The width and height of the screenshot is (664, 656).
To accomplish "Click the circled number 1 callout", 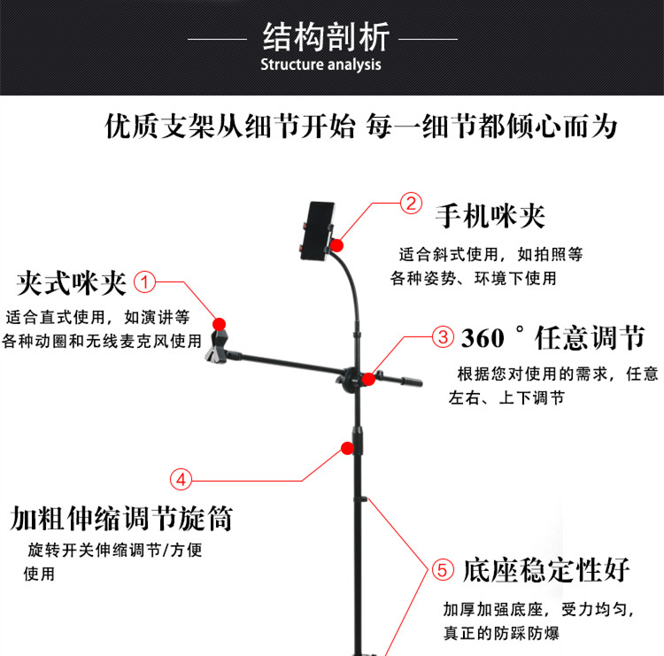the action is [x=145, y=282].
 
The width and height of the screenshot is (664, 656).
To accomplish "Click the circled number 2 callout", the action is [x=411, y=204].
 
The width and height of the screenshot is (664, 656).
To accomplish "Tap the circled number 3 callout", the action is [x=443, y=337].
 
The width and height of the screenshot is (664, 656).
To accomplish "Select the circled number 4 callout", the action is [x=181, y=480].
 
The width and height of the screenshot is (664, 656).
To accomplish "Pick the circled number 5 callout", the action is [x=443, y=569].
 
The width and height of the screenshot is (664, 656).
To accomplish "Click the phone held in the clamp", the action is [x=317, y=231].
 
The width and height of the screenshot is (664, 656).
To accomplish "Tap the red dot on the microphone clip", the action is [x=219, y=324].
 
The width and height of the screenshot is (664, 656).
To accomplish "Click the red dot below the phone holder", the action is [x=337, y=245].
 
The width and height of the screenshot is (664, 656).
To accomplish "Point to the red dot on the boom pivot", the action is [x=369, y=379].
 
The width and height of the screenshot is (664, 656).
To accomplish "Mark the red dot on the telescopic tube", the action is [x=348, y=448].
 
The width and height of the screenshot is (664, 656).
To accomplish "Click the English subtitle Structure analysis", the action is [x=320, y=65].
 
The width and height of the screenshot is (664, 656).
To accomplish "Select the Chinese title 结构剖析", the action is [x=326, y=37].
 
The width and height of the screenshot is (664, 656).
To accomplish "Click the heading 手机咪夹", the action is [x=490, y=216].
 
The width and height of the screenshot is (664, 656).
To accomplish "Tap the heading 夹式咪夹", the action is [x=71, y=283].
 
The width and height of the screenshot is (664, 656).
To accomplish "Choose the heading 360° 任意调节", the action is [x=553, y=337].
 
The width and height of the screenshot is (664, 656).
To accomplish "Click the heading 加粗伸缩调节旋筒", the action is [x=121, y=518].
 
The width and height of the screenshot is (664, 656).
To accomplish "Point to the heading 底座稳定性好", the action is [x=546, y=570].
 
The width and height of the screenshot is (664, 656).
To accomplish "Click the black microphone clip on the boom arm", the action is [x=217, y=346].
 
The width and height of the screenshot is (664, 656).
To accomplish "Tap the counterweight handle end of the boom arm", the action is [x=411, y=382].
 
